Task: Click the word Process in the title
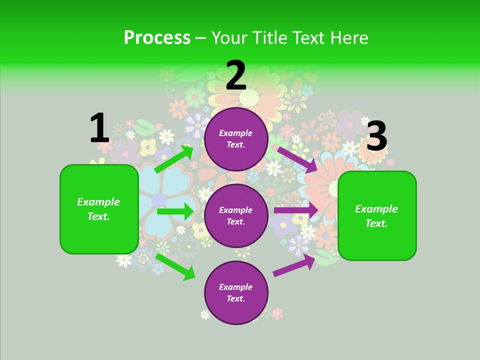click(x=157, y=38)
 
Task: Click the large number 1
click(x=99, y=128)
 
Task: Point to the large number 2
click(x=236, y=75)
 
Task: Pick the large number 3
click(x=376, y=136)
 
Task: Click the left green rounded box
click(x=99, y=209)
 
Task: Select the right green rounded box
click(x=377, y=216)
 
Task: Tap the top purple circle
click(x=236, y=139)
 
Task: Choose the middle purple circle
click(x=236, y=216)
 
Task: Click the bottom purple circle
click(x=236, y=293)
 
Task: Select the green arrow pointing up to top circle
click(x=174, y=159)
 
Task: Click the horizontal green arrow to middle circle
click(x=175, y=211)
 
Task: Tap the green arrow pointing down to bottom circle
click(x=175, y=266)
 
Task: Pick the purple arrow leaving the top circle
click(x=297, y=159)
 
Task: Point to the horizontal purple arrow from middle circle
click(x=296, y=210)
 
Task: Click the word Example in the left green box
click(x=98, y=202)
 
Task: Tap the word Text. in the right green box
click(x=376, y=223)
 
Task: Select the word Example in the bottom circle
click(x=236, y=287)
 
